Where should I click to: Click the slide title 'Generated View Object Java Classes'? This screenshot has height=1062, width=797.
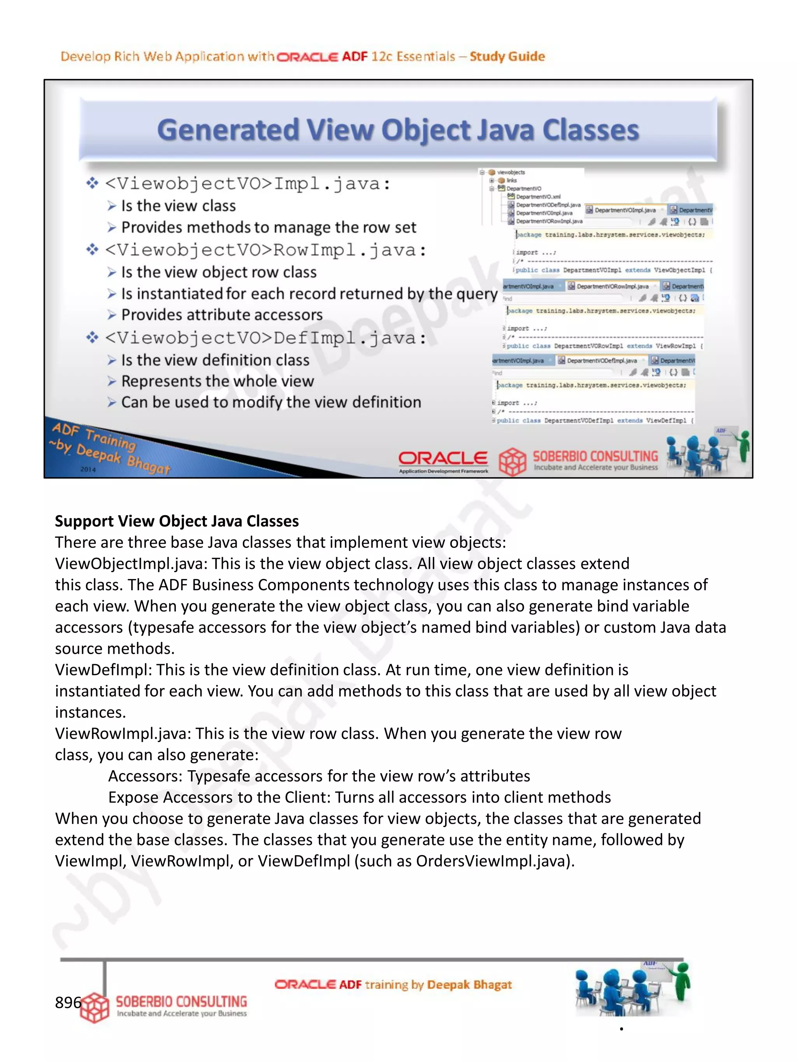398,130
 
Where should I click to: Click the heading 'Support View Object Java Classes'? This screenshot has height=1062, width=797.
177,521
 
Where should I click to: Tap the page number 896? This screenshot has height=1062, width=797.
67,1002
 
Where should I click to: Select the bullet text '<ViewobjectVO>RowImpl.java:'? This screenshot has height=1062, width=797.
265,250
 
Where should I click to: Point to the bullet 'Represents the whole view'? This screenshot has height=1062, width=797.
217,381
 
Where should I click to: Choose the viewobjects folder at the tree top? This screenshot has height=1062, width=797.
511,172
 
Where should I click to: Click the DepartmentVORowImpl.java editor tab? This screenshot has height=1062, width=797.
612,286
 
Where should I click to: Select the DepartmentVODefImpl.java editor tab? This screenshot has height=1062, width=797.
602,360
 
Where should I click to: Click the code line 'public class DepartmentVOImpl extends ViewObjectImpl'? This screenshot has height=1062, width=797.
613,270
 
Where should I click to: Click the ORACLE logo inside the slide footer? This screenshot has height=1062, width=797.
442,458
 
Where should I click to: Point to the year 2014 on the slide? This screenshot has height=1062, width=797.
88,469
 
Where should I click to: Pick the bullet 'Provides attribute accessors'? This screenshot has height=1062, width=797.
221,315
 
